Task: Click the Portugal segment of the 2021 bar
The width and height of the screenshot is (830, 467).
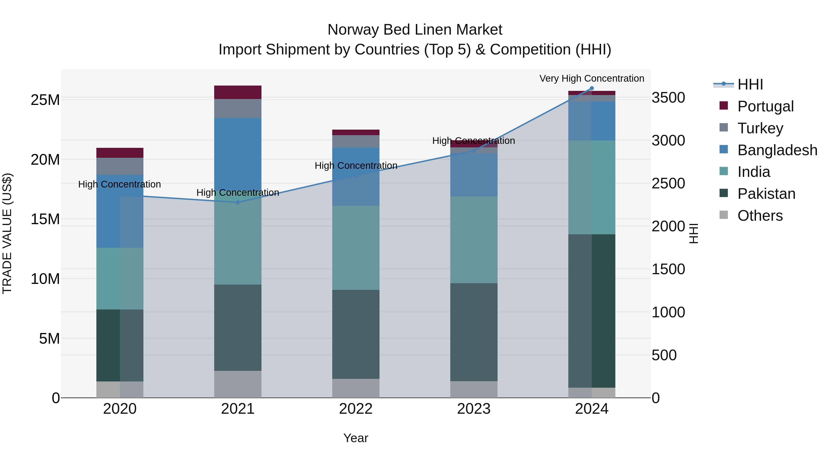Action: tap(237, 92)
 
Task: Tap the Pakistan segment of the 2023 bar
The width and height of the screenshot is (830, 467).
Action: tap(474, 332)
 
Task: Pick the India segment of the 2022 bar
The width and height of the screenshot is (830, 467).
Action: tap(356, 247)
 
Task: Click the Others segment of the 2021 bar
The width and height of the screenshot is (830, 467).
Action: tap(237, 384)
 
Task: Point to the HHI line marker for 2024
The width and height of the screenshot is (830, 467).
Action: tap(592, 88)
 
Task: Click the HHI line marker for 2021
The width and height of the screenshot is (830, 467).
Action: tap(238, 202)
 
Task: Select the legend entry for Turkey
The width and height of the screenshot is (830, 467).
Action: tap(760, 128)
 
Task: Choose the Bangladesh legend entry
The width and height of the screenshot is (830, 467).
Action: tap(777, 150)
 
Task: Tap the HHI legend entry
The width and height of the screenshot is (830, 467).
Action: tap(750, 84)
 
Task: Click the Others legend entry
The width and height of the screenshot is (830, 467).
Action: tap(760, 216)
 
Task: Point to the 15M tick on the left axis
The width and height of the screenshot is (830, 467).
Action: tap(45, 219)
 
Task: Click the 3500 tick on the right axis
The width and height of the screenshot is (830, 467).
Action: tap(668, 98)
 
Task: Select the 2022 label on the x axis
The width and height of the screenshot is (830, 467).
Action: tap(356, 409)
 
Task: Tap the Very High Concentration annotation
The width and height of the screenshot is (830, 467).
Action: tap(592, 78)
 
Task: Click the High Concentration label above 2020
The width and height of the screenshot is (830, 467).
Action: tap(119, 184)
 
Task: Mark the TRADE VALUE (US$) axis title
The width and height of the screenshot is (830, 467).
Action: tap(7, 233)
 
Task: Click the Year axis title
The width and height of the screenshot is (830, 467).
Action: tap(356, 438)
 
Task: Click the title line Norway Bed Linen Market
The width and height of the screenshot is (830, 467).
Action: tap(415, 30)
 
